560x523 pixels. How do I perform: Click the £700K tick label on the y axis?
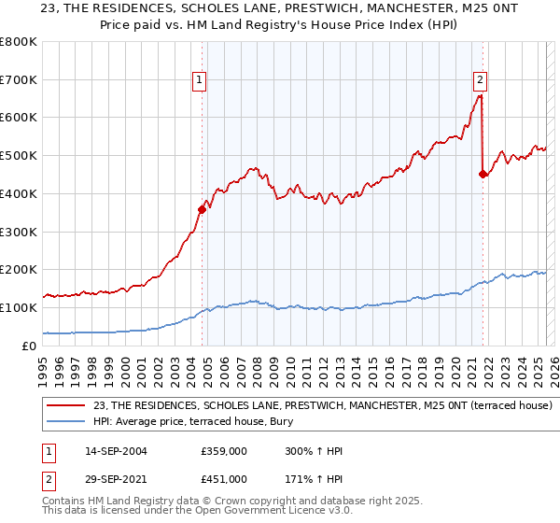point(19,79)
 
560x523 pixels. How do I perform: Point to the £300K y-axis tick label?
point(19,232)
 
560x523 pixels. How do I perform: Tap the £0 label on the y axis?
point(30,346)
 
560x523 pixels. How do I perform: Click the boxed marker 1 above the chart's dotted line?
point(201,81)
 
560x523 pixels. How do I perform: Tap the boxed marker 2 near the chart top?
point(480,81)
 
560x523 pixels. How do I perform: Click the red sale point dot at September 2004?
point(202,209)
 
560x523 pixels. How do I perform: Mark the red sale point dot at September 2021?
point(483,174)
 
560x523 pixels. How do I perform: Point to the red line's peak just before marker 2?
point(479,95)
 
